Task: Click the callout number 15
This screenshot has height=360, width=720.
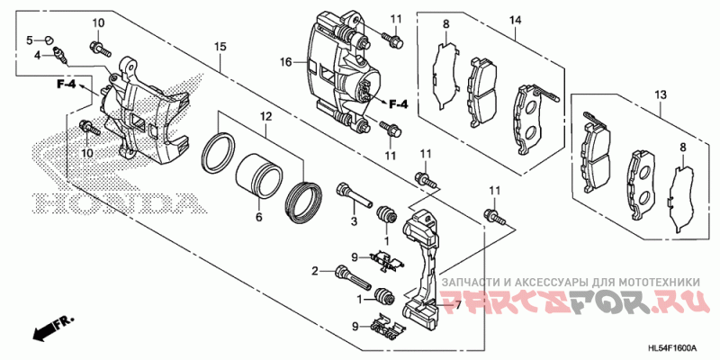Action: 220,45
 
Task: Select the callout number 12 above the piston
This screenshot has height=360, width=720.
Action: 265,117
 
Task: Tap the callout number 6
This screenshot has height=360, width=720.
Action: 257,217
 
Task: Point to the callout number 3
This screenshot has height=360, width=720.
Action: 355,221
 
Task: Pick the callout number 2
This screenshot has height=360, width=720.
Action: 317,271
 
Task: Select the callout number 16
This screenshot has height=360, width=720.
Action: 286,63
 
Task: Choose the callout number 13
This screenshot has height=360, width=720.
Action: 660,94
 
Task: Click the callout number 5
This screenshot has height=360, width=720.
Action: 29,40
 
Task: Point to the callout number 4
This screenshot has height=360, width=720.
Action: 38,55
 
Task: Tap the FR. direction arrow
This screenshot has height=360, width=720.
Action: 54,328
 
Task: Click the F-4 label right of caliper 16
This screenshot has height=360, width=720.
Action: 397,104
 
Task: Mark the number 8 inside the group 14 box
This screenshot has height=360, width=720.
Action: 445,23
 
